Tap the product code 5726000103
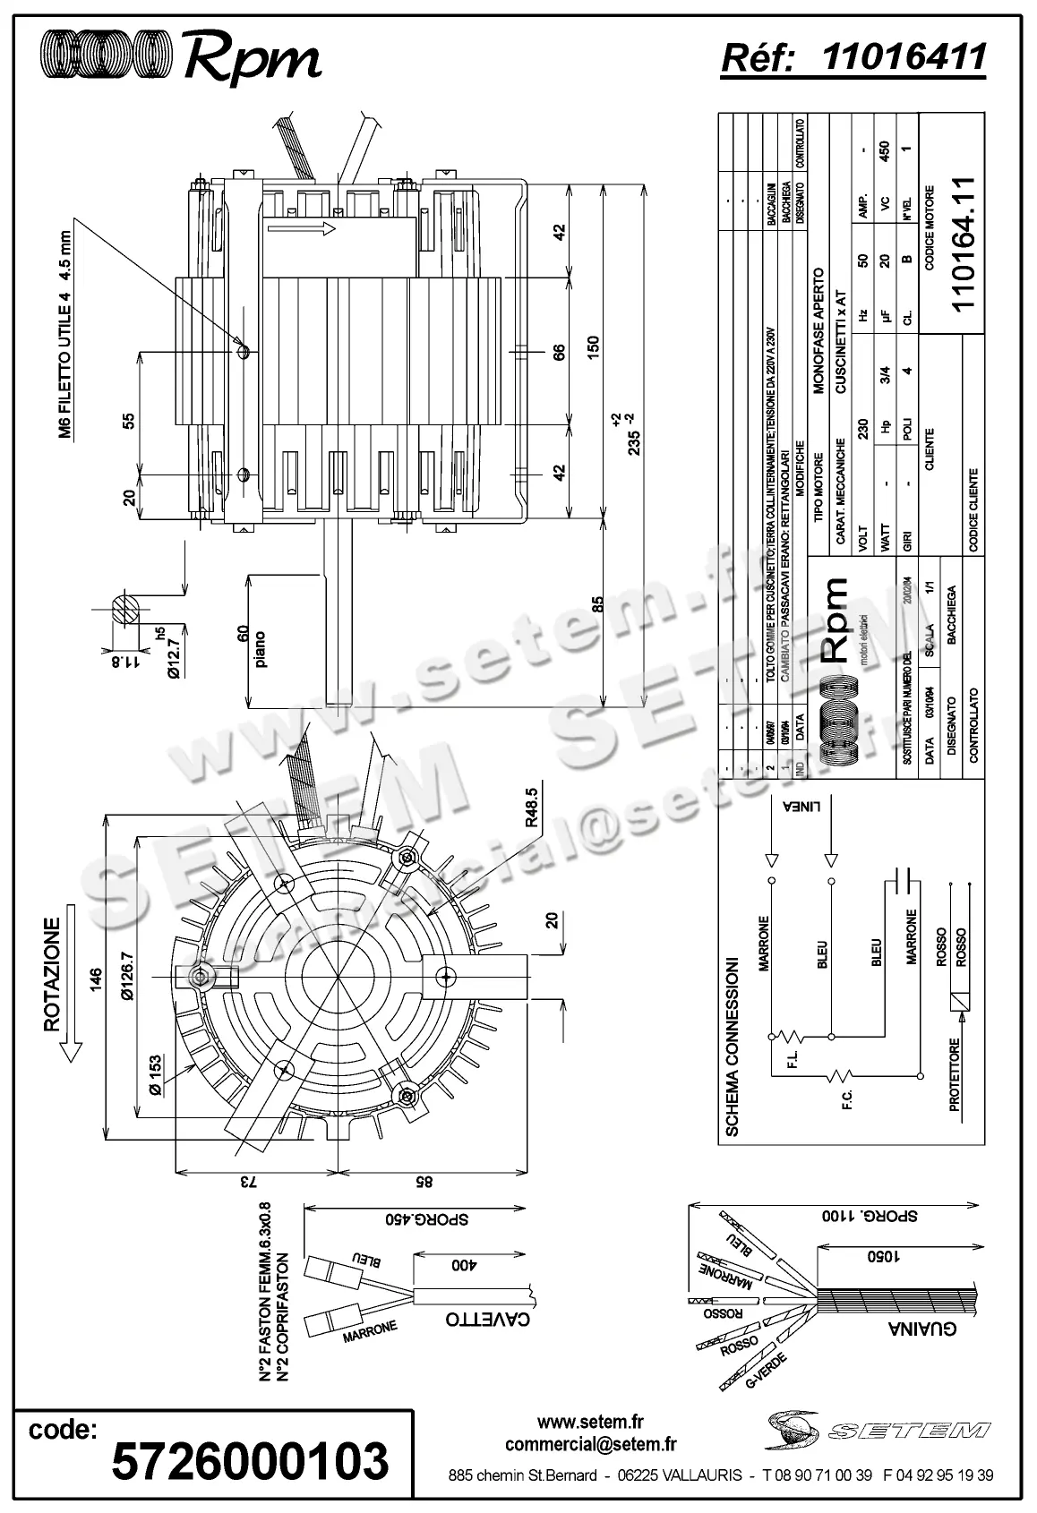pyautogui.click(x=250, y=1460)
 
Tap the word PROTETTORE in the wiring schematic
pyautogui.click(x=954, y=1075)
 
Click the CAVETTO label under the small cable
pyautogui.click(x=487, y=1319)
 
